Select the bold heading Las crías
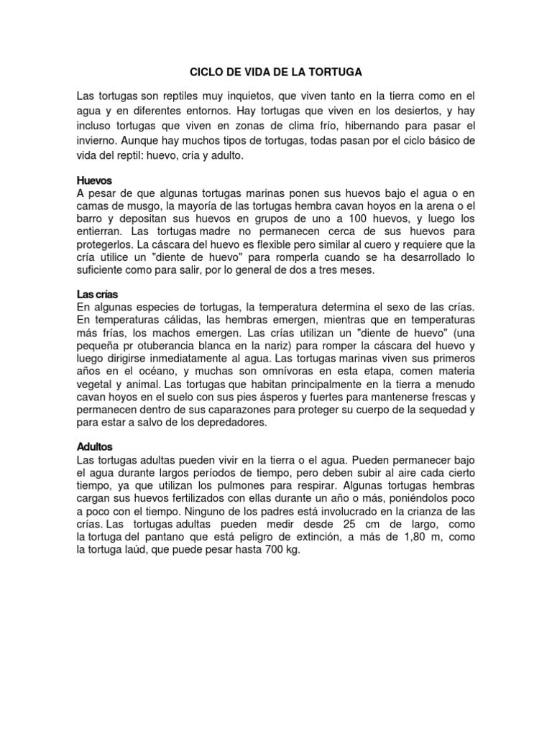97,295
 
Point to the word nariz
267,347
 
